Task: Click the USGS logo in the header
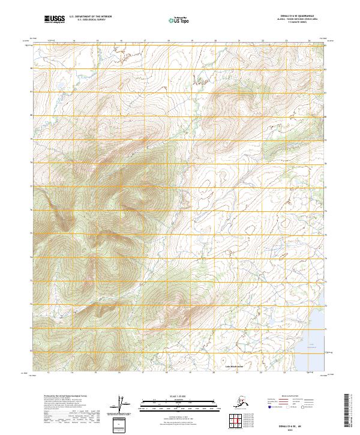click(x=55, y=20)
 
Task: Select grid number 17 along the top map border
click(x=145, y=40)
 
